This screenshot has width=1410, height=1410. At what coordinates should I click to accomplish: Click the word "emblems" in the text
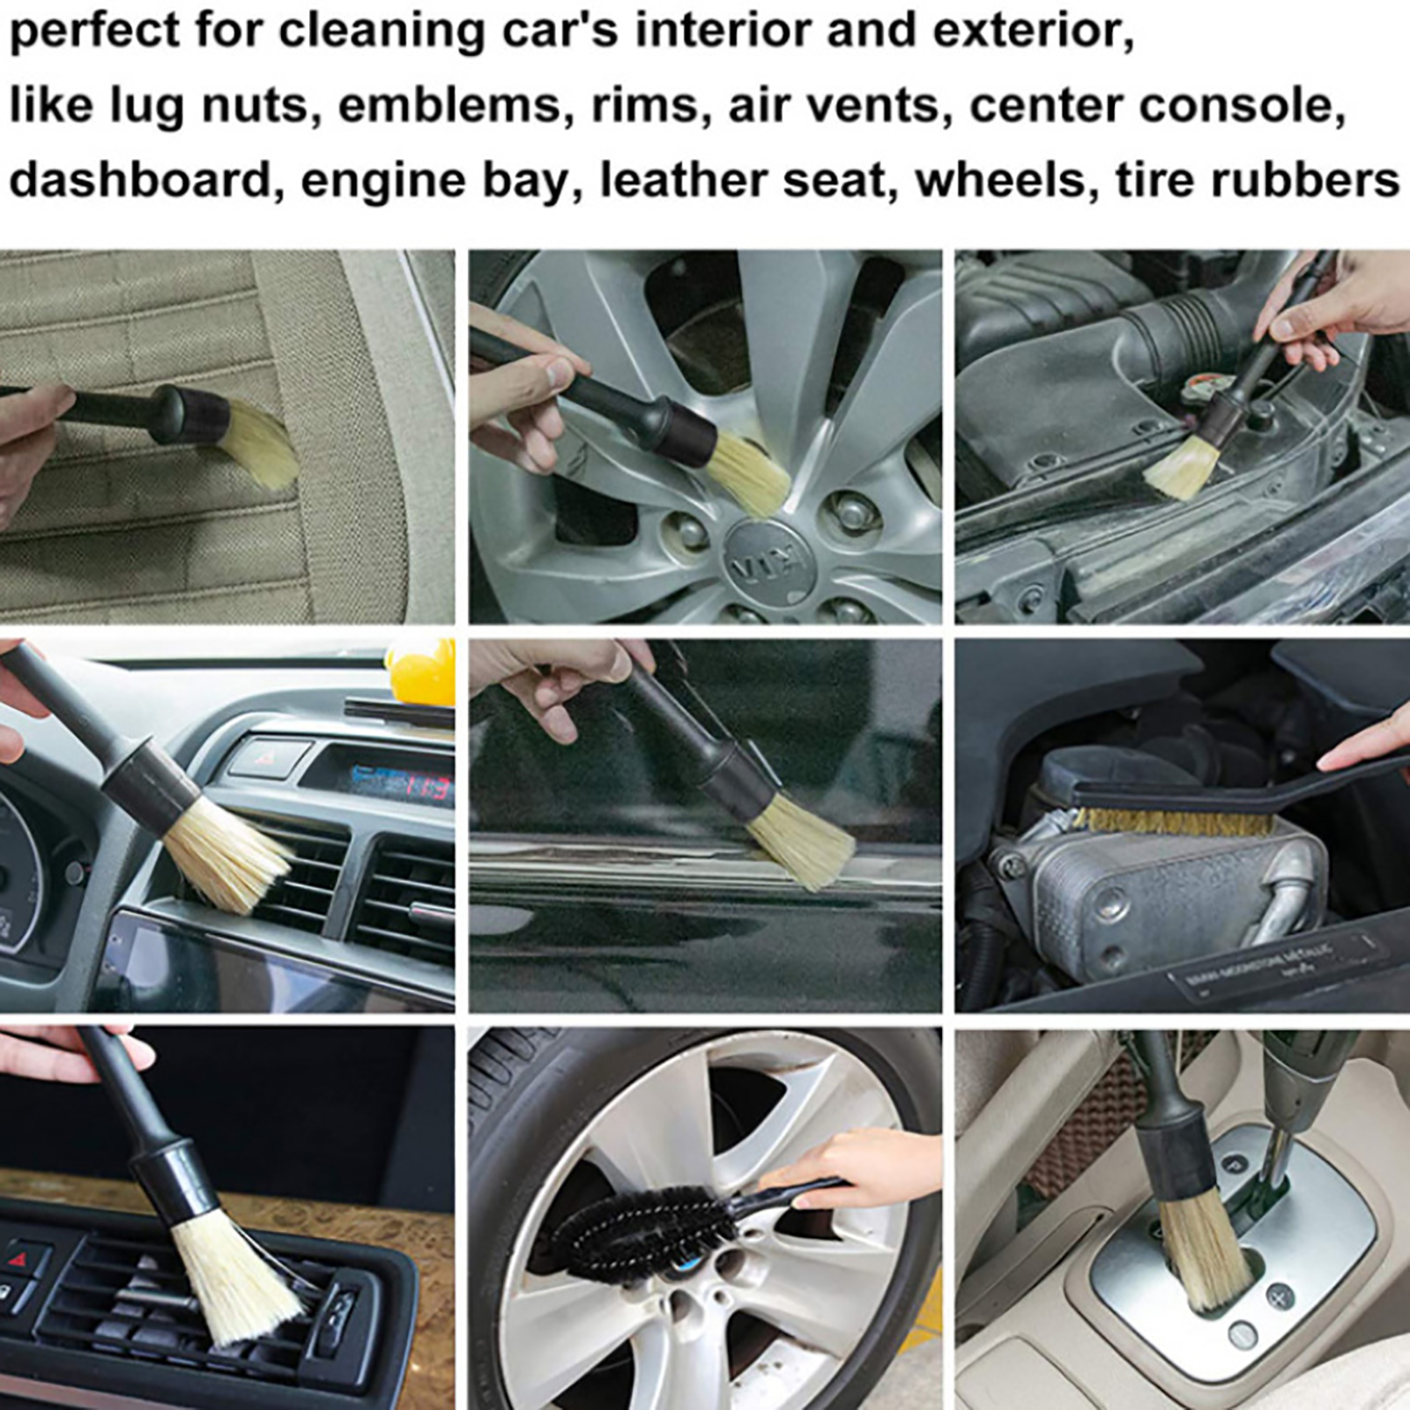click(449, 106)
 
